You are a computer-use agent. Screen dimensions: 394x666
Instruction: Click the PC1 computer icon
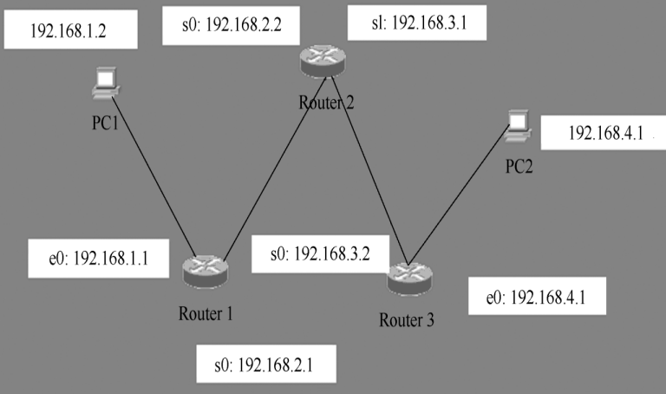(x=106, y=83)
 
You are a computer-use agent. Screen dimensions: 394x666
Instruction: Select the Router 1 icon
(x=205, y=272)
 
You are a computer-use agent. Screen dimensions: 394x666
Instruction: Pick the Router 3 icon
(x=408, y=278)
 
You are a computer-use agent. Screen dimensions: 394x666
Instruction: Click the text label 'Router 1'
(x=206, y=313)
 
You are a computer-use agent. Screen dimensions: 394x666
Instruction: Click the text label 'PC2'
(x=520, y=165)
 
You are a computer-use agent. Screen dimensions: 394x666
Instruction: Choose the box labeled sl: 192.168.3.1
(x=408, y=23)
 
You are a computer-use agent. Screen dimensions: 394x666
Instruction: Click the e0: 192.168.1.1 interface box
(x=97, y=258)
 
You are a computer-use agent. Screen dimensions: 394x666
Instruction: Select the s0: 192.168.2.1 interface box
(x=265, y=364)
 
